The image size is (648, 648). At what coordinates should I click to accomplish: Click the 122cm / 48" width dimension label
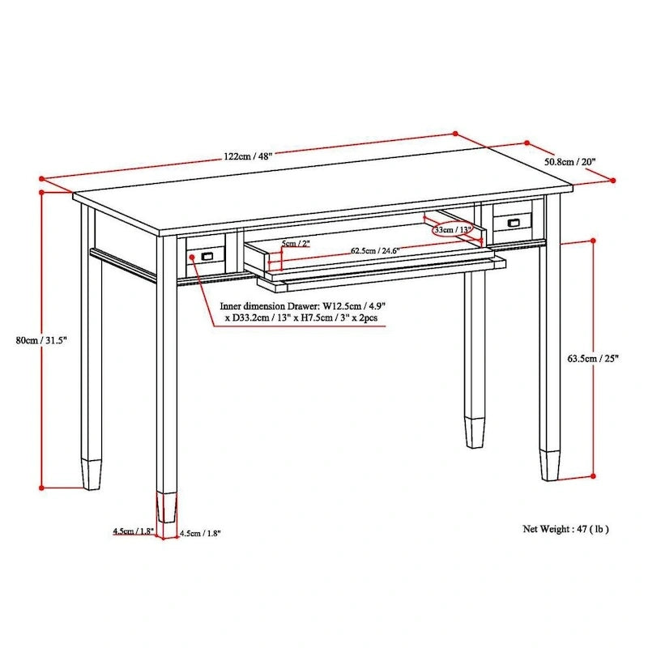tap(249, 156)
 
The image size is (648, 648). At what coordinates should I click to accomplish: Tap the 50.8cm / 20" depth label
tap(570, 161)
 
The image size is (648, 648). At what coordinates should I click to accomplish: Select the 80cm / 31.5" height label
tap(41, 340)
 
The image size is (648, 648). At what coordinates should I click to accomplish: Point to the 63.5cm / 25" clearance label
tap(593, 358)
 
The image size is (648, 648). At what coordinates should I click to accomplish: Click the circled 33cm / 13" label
tap(453, 230)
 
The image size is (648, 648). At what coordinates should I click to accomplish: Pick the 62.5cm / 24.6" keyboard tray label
tap(375, 250)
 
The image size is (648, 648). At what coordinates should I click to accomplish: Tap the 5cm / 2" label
tap(296, 244)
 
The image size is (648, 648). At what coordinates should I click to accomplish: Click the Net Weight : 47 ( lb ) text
tap(565, 529)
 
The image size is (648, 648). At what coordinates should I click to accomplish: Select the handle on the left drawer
tap(207, 256)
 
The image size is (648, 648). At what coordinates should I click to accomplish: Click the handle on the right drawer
tap(514, 223)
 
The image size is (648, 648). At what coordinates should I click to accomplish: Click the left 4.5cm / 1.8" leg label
tap(134, 531)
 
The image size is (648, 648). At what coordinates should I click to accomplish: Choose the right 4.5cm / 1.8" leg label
tap(200, 533)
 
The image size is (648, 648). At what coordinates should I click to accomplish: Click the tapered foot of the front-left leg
tap(167, 507)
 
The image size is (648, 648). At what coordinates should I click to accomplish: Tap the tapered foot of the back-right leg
tap(549, 465)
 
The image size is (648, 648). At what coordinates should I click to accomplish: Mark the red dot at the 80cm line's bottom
tap(41, 488)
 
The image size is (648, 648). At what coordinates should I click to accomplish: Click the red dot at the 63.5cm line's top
tap(594, 241)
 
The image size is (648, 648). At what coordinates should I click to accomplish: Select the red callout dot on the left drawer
tap(192, 257)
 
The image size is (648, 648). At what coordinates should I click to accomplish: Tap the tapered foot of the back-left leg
tap(92, 475)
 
